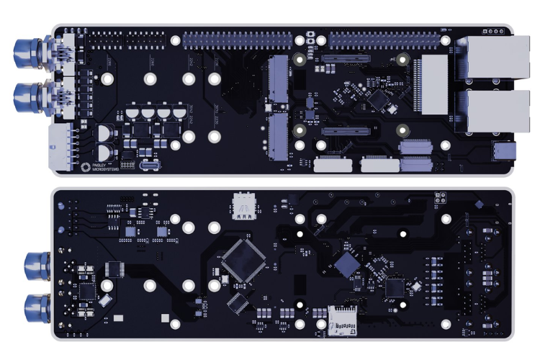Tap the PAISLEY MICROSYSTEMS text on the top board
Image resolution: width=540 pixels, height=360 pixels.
[x=107, y=166]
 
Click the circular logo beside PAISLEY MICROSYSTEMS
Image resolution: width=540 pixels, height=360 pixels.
[x=86, y=166]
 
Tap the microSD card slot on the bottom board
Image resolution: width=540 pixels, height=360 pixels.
[x=343, y=321]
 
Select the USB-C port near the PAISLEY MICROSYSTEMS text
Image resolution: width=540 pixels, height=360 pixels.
[x=149, y=166]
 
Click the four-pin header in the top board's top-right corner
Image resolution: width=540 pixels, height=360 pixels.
[x=495, y=32]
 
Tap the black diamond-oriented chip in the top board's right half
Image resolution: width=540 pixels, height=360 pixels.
[x=377, y=97]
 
